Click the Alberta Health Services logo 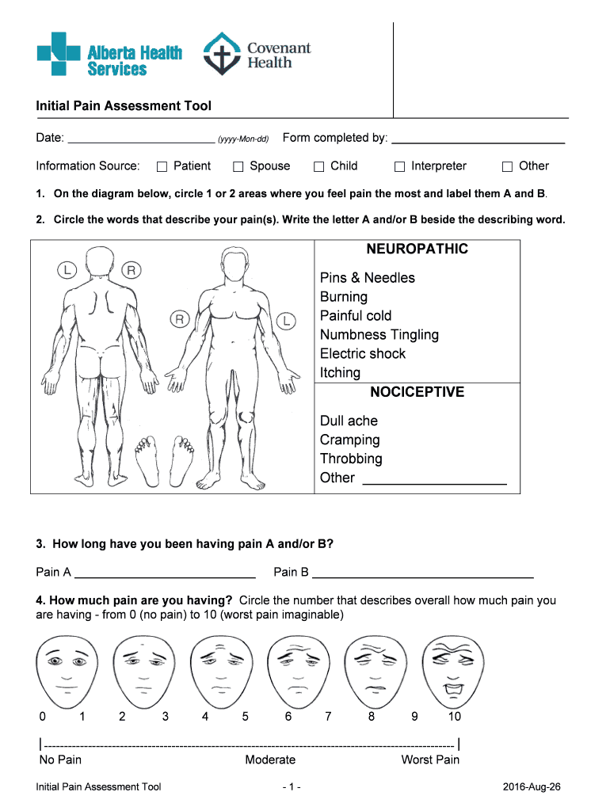click(x=109, y=54)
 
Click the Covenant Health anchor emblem click(x=221, y=55)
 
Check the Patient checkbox click(x=162, y=166)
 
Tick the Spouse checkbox click(x=238, y=166)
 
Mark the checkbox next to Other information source click(x=508, y=166)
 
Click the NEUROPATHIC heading click(x=417, y=249)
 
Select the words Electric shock click(x=362, y=354)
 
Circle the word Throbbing click(x=351, y=459)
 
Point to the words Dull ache click(x=349, y=421)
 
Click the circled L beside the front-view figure click(x=285, y=321)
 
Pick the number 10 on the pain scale click(x=454, y=717)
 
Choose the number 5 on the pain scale click(x=246, y=717)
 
